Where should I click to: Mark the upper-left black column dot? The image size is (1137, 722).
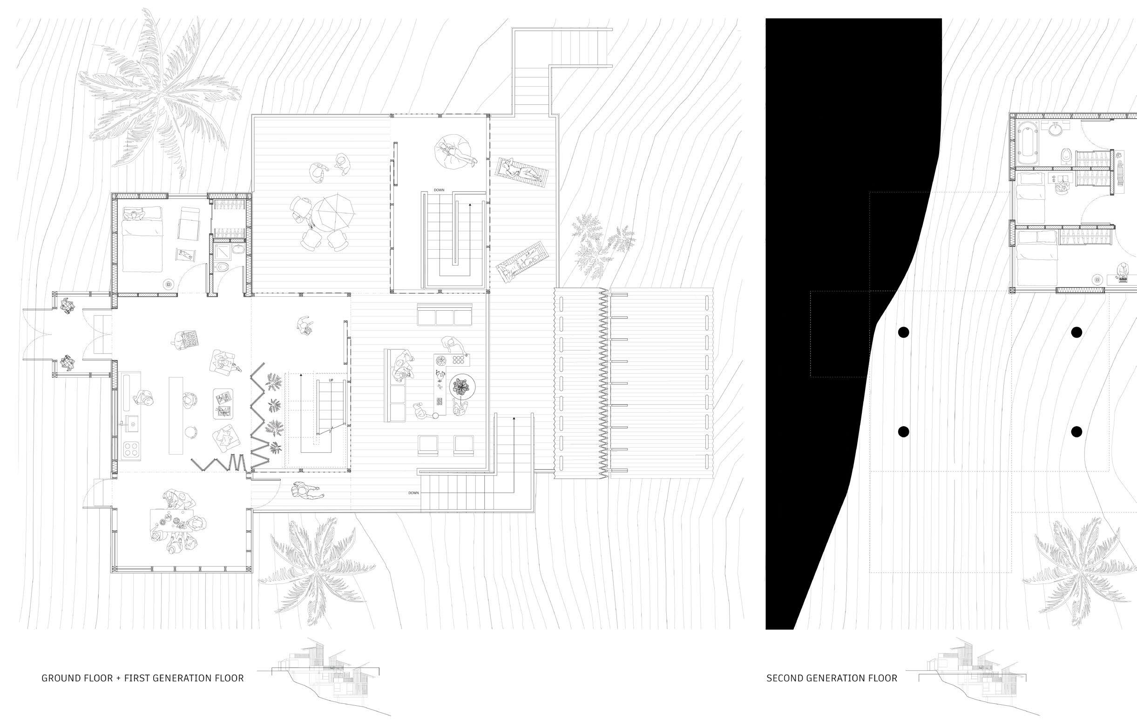(903, 332)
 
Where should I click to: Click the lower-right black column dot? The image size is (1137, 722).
(1076, 431)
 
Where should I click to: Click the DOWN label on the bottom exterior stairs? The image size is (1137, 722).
(413, 493)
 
